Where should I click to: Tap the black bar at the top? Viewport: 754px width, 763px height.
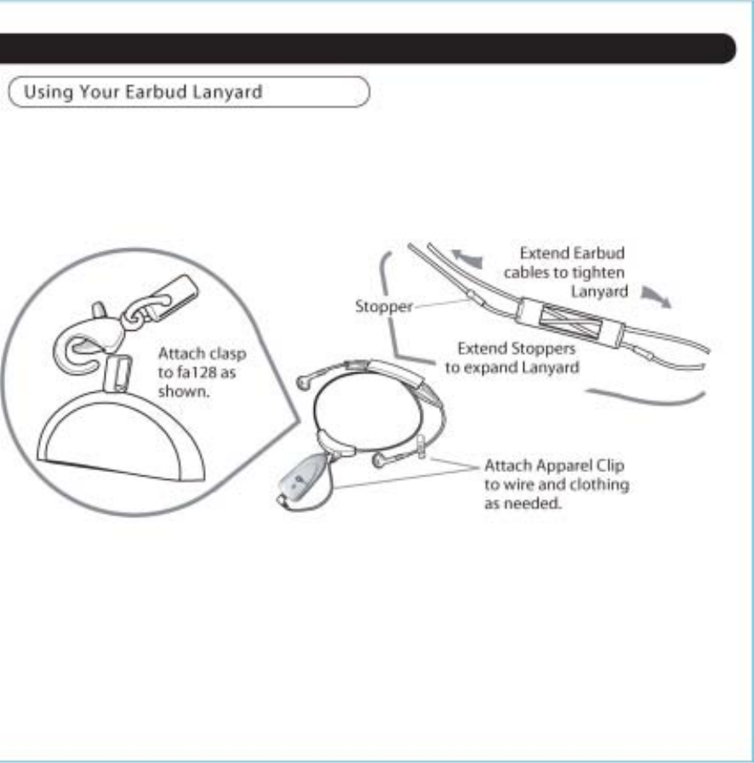(x=366, y=48)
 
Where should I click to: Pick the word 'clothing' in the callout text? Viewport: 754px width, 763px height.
(x=608, y=485)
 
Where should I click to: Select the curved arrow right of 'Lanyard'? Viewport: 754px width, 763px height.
(x=654, y=298)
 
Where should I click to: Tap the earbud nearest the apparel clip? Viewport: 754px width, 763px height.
(x=380, y=461)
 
